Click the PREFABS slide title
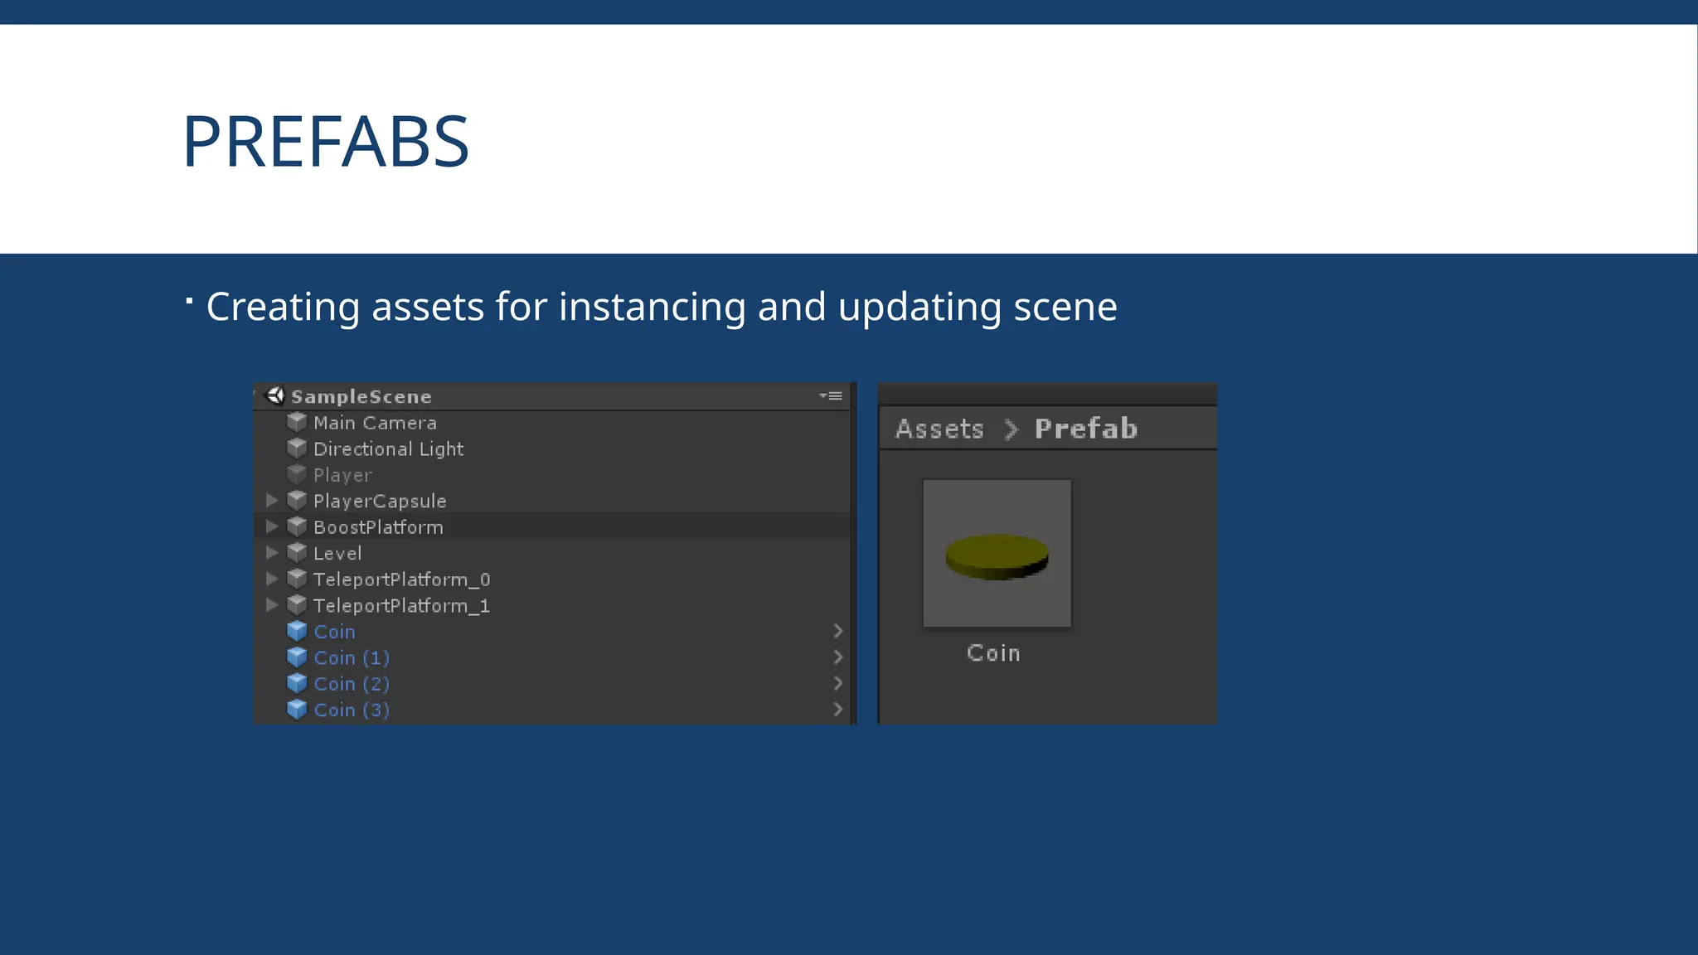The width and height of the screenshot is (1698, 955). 326,143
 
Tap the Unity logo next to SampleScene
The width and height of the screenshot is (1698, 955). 275,395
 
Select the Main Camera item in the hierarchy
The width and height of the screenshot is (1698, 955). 375,423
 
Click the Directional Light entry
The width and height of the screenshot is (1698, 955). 388,449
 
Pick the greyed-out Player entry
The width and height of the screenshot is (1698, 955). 342,475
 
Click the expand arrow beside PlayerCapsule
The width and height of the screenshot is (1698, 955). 272,501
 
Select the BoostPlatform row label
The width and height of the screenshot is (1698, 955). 378,527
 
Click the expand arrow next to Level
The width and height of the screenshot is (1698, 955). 272,553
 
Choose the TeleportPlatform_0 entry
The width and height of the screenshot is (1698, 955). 401,579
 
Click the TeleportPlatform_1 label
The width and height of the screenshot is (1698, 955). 401,606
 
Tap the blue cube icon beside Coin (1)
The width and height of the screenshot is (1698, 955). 297,657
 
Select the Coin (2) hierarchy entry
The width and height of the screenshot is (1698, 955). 352,684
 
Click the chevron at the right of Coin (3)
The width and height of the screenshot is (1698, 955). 837,710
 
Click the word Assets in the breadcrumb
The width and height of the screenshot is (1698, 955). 939,429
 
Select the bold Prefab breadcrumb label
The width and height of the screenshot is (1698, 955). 1085,429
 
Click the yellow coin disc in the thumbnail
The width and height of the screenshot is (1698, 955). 997,556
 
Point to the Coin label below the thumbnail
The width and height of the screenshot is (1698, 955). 993,653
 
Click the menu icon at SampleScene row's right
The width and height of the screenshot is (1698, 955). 832,396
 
